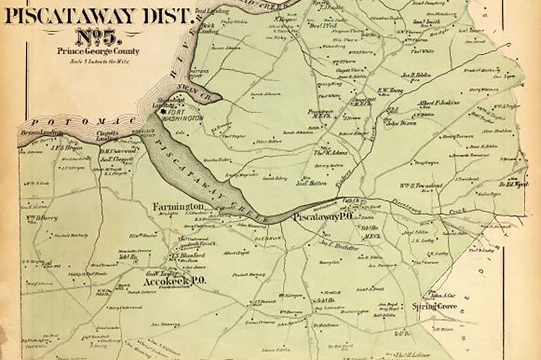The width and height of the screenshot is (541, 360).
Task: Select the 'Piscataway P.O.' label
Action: coord(322,217)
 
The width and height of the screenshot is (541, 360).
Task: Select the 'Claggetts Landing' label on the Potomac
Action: coord(107,134)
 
